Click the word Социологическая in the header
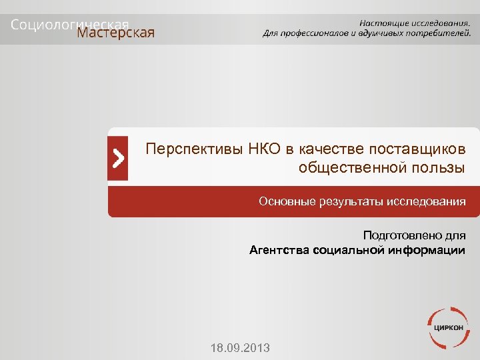tap(69, 23)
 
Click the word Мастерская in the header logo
tap(116, 33)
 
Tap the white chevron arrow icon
tap(118, 159)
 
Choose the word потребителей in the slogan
tap(438, 33)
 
